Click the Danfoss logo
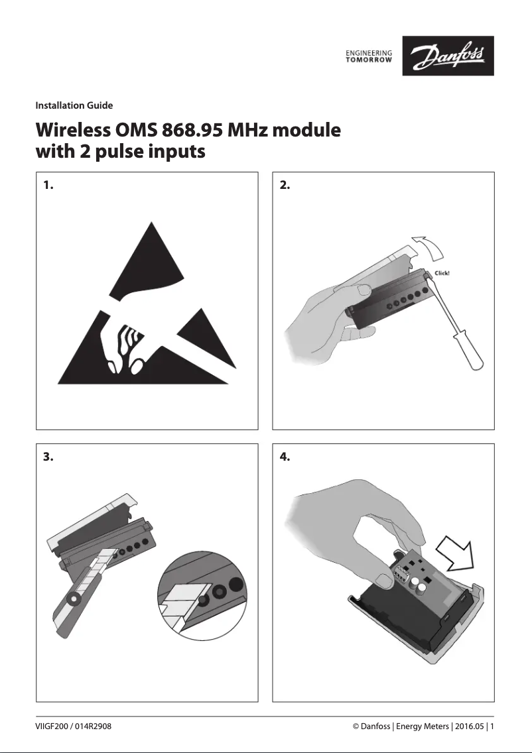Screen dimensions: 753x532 [448, 56]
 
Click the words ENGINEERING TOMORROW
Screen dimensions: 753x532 [369, 56]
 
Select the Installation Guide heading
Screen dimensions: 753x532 [74, 105]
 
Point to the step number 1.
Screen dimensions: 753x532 [46, 186]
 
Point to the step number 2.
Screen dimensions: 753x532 [285, 186]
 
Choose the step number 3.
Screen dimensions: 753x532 [47, 457]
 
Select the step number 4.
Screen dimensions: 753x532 [285, 457]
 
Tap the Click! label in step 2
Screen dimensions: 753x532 [442, 273]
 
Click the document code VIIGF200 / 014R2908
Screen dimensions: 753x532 [73, 726]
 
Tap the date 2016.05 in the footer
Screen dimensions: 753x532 [468, 726]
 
